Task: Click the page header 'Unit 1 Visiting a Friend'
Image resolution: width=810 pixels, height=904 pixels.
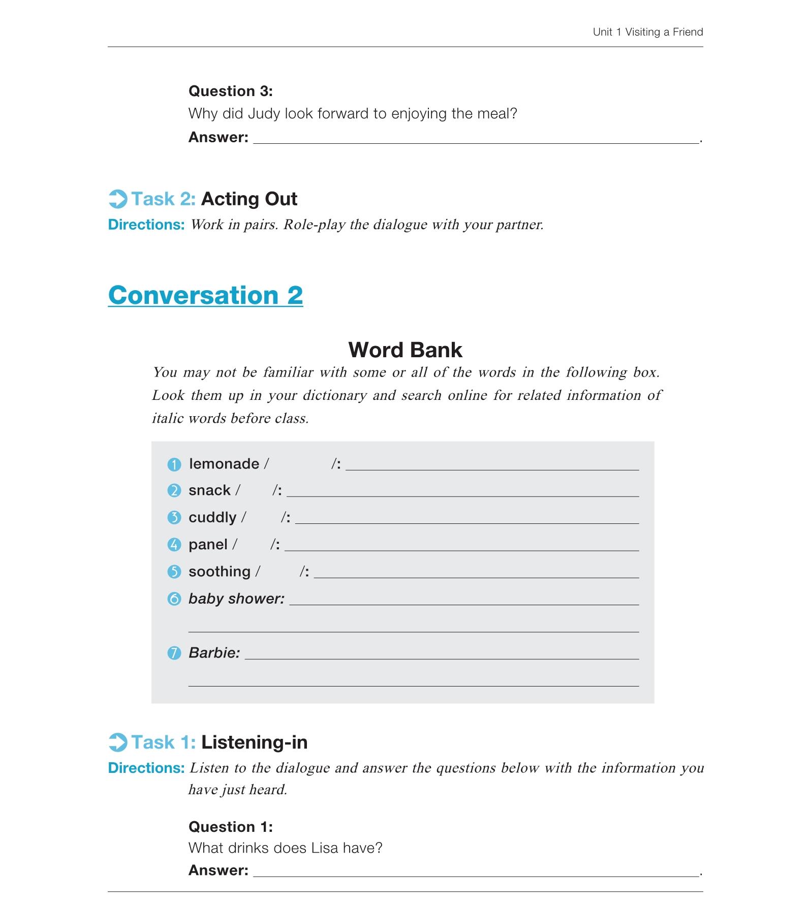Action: coord(647,32)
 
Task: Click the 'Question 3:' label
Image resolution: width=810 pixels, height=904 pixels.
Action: coord(230,91)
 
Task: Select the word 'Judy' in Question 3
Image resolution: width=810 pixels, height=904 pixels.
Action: coord(264,113)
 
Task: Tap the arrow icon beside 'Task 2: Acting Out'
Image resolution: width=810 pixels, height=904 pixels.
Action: coord(118,199)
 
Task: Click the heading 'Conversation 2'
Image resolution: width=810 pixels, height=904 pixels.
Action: coord(205,295)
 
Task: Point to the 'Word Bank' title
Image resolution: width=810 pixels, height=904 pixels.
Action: coord(405,350)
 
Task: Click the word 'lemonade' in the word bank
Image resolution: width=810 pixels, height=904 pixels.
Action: coord(224,463)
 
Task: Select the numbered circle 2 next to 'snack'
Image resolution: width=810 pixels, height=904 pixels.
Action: coord(174,490)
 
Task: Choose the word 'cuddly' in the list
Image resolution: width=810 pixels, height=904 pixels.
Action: coord(212,517)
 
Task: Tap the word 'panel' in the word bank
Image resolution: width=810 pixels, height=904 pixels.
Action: coord(208,544)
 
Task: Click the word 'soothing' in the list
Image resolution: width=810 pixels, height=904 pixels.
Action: coord(220,571)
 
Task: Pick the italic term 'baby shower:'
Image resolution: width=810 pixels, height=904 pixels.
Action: coord(236,599)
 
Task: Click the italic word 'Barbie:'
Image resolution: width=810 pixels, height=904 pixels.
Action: coord(214,652)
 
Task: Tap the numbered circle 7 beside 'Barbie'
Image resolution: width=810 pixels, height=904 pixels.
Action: coord(174,653)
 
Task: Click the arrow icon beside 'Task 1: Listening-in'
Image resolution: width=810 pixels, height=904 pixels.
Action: coord(118,742)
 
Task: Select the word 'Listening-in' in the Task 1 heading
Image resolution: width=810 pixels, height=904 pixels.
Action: coord(254,742)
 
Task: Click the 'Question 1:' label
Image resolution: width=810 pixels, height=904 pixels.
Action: coord(230,827)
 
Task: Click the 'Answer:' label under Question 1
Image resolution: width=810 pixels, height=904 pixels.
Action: coord(218,870)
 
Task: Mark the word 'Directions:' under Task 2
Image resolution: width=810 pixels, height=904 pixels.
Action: coord(146,225)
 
